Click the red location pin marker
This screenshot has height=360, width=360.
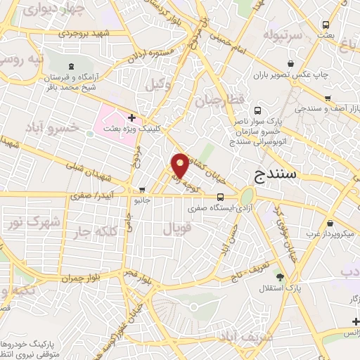(x=180, y=165)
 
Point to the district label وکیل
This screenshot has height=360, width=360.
(x=158, y=85)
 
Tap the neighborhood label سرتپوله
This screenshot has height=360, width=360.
(x=284, y=34)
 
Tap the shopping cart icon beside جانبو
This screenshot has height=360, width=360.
(x=143, y=189)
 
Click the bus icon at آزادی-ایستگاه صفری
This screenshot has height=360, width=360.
(x=221, y=197)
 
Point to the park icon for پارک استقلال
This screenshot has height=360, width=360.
(x=280, y=277)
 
